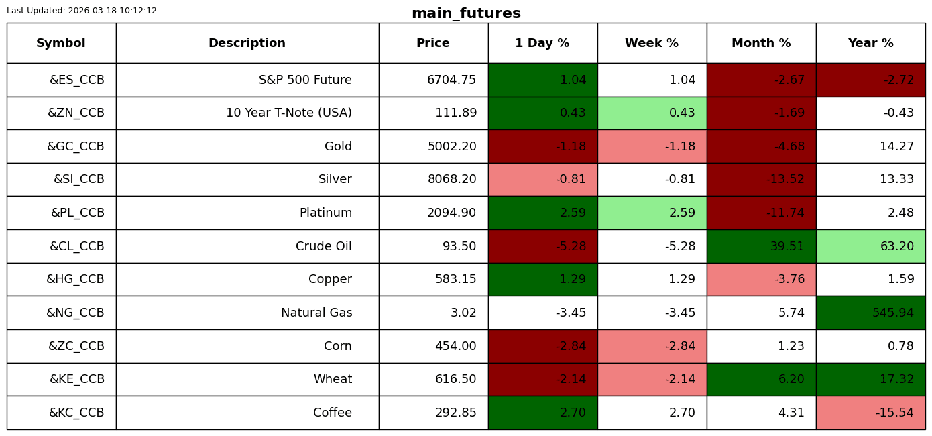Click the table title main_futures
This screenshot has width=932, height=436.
coord(466,13)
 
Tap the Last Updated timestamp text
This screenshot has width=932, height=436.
coord(82,11)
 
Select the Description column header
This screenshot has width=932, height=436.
coord(247,43)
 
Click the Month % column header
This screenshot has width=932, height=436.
coord(761,43)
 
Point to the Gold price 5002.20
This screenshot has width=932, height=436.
coord(452,146)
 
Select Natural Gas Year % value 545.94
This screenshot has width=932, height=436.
coord(893,313)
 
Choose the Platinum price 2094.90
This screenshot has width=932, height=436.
coord(451,213)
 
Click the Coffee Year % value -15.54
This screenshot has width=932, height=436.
coord(894,413)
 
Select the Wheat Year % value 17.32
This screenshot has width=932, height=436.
coord(896,379)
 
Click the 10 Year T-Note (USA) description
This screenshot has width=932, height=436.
coord(289,113)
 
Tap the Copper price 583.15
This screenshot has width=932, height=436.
coord(455,279)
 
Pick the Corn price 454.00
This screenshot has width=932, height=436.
coord(455,346)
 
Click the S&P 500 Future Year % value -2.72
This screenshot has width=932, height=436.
coord(898,80)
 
